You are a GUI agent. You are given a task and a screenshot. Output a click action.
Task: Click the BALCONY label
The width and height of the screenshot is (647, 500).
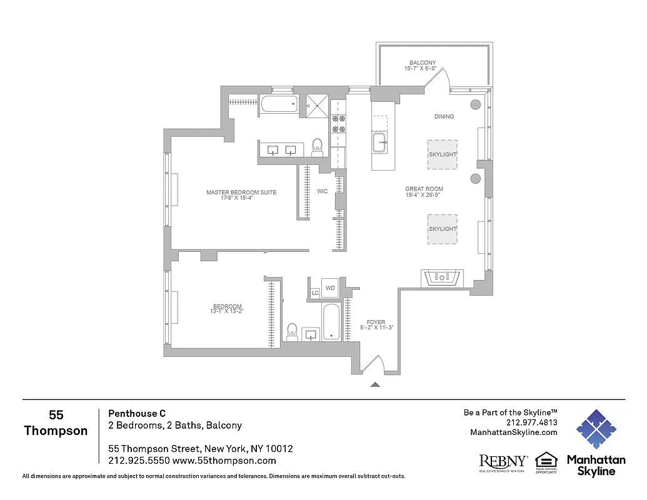click(423, 62)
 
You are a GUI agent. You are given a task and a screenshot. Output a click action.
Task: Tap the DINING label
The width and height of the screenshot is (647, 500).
click(444, 117)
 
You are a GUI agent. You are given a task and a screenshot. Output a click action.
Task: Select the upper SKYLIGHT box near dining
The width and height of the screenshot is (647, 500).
click(442, 154)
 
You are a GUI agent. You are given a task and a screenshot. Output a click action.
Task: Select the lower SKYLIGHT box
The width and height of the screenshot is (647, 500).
click(442, 229)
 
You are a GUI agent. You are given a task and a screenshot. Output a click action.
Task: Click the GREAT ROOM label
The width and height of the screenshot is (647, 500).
click(424, 189)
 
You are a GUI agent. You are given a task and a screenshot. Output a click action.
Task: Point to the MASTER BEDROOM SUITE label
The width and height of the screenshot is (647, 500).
click(241, 192)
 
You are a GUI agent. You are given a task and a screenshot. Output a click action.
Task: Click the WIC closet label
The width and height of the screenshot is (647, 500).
click(322, 191)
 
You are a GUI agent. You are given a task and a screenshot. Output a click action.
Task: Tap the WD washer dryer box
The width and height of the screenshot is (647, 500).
click(331, 288)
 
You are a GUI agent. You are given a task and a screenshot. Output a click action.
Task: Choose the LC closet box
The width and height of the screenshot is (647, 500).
click(315, 292)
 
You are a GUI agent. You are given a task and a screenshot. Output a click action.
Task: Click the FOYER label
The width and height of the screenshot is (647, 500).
click(376, 322)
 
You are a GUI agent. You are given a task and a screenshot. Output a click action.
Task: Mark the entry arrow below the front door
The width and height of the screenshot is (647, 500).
click(375, 385)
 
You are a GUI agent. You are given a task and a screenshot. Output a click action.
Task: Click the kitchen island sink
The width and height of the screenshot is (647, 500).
click(381, 143)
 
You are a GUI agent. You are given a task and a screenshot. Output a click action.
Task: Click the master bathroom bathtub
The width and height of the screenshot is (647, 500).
click(279, 104)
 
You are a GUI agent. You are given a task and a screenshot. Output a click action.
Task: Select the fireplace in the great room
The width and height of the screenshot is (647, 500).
click(441, 277)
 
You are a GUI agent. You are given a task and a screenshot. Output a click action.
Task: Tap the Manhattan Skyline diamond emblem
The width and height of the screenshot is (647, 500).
click(596, 430)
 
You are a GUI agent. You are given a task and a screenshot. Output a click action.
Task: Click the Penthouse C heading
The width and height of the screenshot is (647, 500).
click(137, 413)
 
